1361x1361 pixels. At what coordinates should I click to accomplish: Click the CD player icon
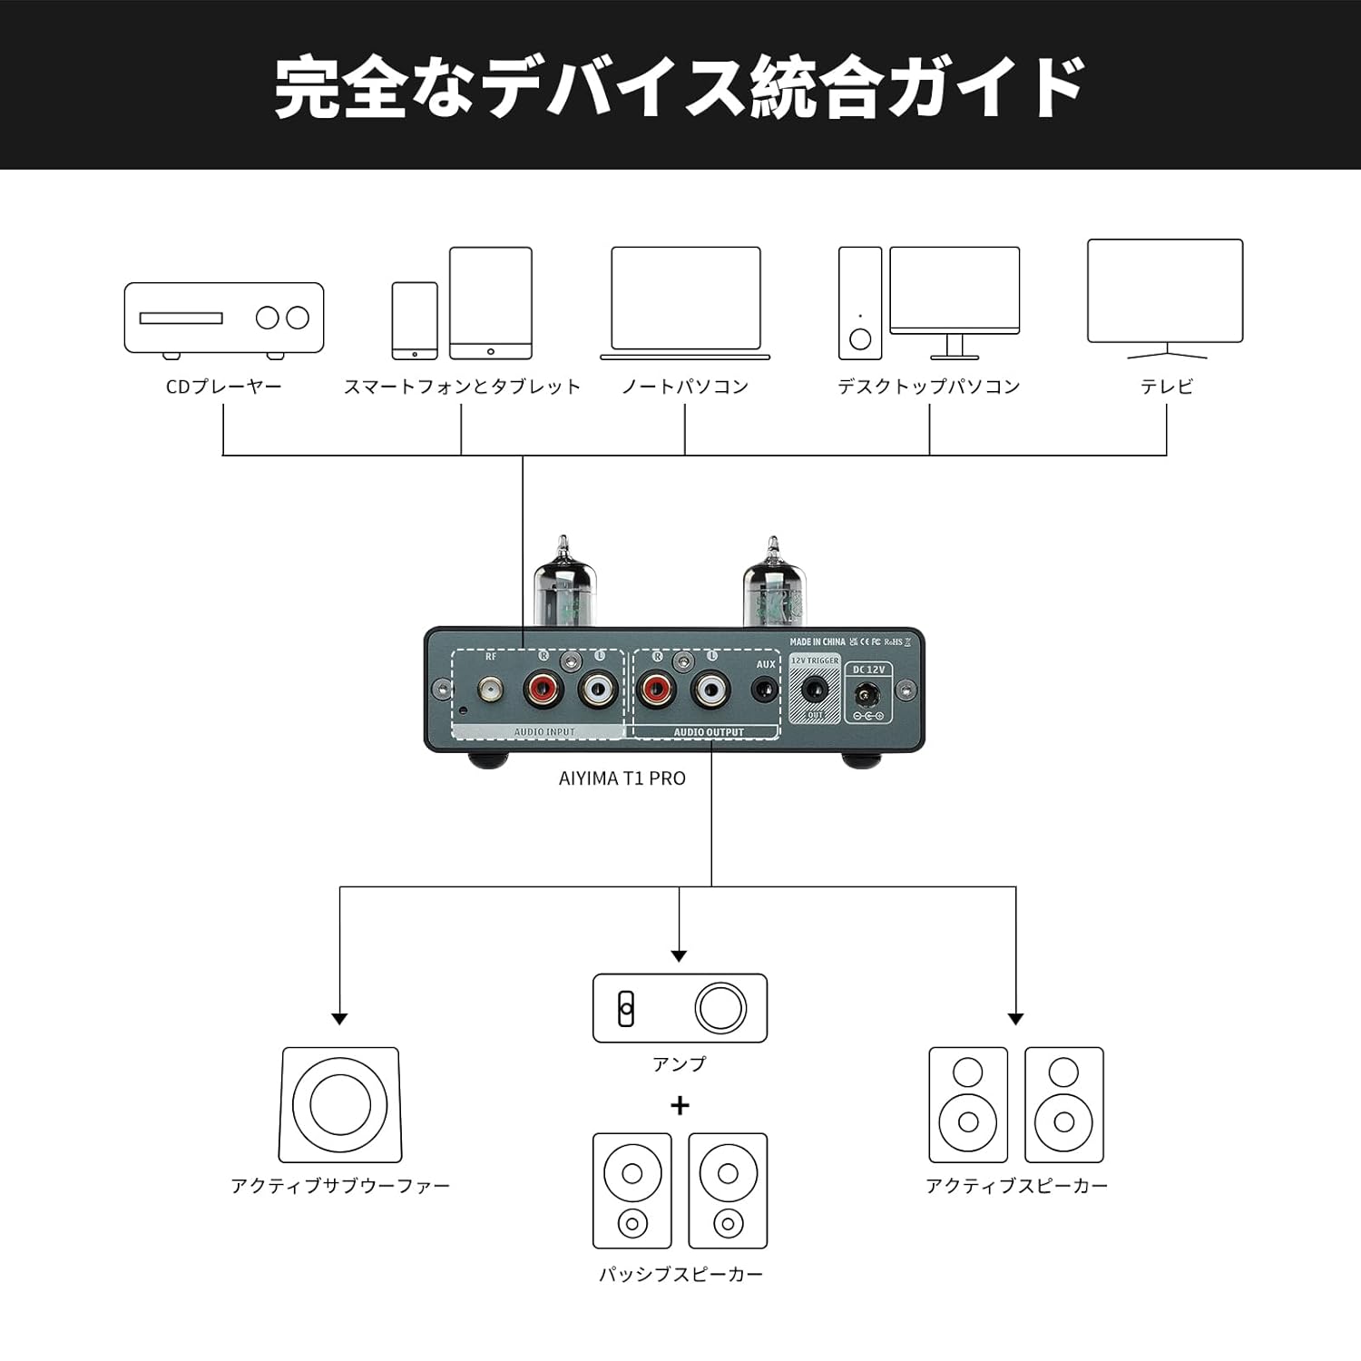click(223, 318)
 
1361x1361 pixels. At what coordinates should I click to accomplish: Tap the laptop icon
click(685, 303)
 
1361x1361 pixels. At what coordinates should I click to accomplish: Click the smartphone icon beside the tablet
click(415, 320)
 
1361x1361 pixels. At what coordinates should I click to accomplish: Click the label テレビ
click(1166, 387)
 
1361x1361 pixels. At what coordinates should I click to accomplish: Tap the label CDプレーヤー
click(223, 387)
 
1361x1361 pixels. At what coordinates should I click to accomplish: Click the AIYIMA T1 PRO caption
click(622, 778)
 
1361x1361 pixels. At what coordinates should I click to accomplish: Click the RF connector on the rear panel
click(491, 692)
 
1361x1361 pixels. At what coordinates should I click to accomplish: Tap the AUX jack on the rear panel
click(767, 692)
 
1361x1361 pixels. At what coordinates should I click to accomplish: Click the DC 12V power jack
click(867, 696)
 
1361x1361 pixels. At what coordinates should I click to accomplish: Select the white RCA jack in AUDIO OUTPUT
click(710, 692)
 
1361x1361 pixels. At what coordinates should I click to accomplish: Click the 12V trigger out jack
click(815, 691)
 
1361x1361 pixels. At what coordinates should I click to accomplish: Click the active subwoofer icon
click(339, 1105)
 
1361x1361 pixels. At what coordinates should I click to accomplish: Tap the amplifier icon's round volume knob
click(720, 1008)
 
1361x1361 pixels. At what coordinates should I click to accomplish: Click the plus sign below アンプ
click(680, 1105)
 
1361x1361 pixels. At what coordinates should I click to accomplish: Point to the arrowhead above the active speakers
click(1015, 1018)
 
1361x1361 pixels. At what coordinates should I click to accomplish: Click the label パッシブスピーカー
click(680, 1275)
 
